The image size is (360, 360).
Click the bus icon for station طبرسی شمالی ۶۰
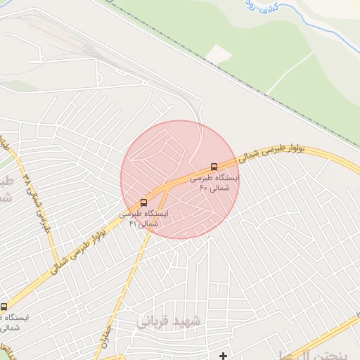[x=214, y=167]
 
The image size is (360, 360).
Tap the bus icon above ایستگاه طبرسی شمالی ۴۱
[x=144, y=202]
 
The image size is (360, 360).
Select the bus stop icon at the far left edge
[x=4, y=307]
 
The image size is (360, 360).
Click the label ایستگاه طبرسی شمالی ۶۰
[x=219, y=183]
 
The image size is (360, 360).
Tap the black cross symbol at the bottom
[x=224, y=356]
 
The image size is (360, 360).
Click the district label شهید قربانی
[x=169, y=320]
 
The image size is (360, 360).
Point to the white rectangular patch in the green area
[x=220, y=54]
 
